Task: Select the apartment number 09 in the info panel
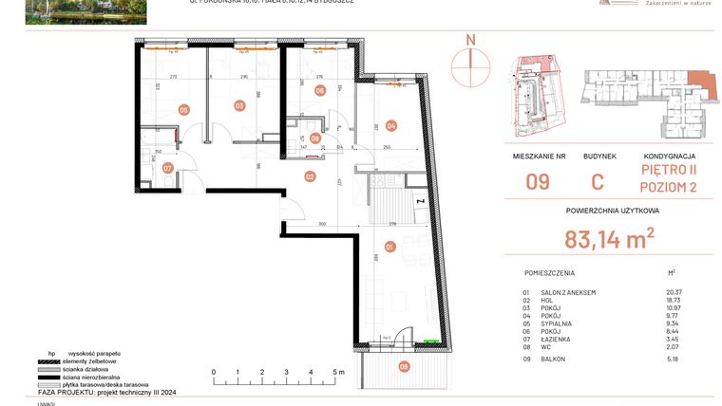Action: coord(538,181)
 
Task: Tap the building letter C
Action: coord(598,181)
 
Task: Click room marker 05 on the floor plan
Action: coord(183,109)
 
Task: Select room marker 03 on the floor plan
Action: coord(239,106)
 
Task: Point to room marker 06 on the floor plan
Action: coord(319,91)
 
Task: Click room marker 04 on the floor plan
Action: coord(389,125)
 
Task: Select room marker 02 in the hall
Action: coord(309,175)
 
